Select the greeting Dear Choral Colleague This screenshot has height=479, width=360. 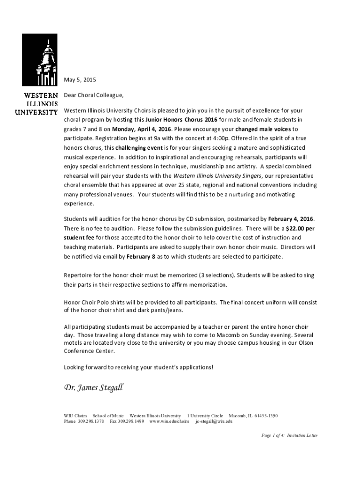coord(94,95)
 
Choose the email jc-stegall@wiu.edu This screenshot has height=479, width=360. coord(214,421)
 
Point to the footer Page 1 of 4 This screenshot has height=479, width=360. coord(273,435)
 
